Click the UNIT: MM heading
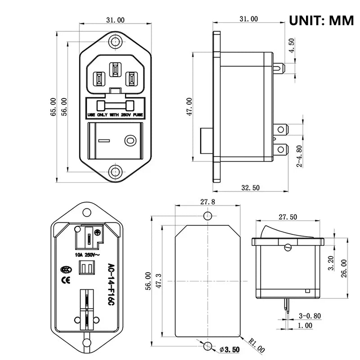pyautogui.click(x=321, y=20)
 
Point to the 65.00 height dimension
pyautogui.click(x=54, y=107)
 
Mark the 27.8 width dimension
pyautogui.click(x=207, y=202)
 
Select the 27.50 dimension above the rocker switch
pyautogui.click(x=288, y=217)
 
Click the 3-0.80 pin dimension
pyautogui.click(x=310, y=316)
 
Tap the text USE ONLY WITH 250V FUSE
pyautogui.click(x=115, y=115)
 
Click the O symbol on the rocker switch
pyautogui.click(x=130, y=140)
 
